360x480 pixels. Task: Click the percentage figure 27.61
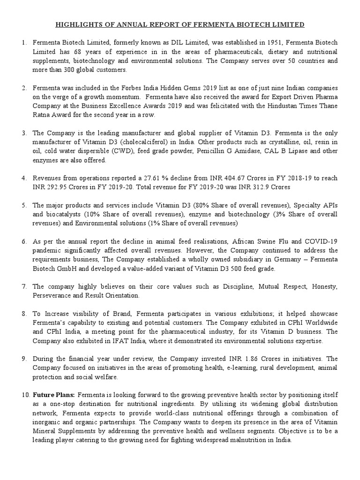tap(152, 179)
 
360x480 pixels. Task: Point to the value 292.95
tap(58, 187)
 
